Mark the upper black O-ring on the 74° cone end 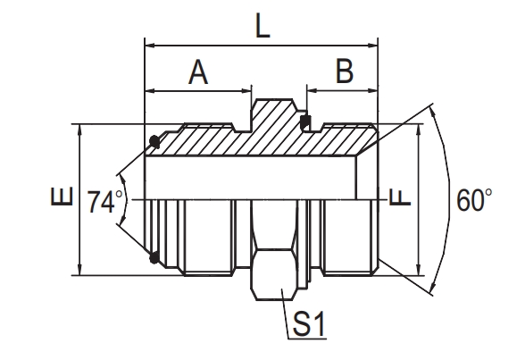[154, 140]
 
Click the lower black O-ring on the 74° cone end [154, 258]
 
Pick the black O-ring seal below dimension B [307, 122]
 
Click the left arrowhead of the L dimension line [150, 43]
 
